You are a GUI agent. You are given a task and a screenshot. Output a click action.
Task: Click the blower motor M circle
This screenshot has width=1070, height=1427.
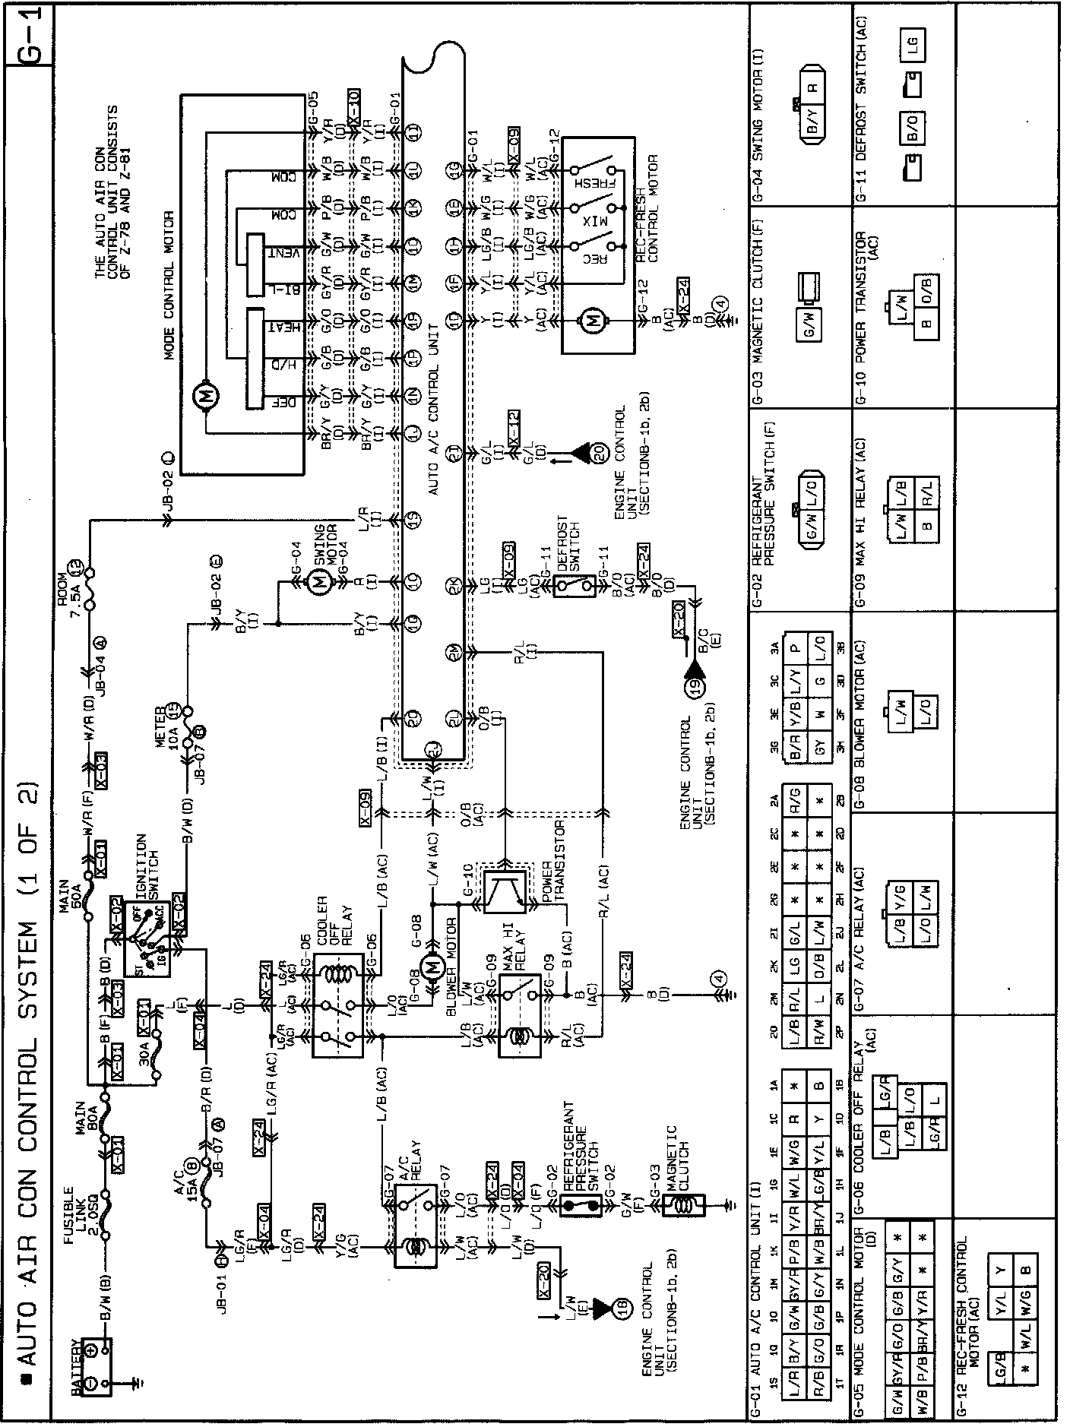433,967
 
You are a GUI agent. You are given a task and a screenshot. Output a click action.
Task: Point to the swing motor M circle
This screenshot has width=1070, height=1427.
320,584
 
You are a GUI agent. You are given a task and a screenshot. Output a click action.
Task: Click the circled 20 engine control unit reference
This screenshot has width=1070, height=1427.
599,451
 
